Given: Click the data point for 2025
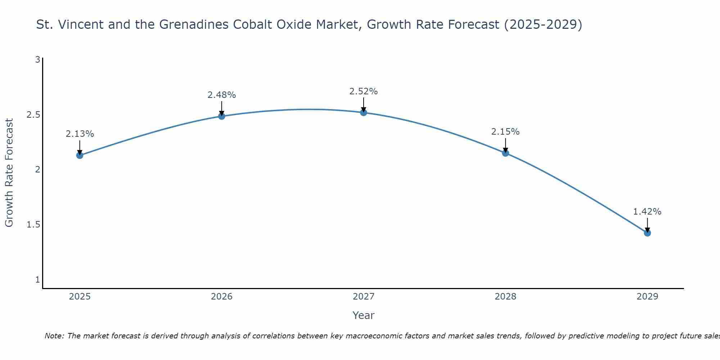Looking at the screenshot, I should click(80, 155).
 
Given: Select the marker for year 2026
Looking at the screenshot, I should click(222, 116).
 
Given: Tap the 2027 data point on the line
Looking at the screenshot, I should click(364, 112).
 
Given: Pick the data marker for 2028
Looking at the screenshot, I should click(505, 153).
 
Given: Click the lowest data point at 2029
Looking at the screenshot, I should click(647, 233).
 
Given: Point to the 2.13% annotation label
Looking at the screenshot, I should click(80, 134).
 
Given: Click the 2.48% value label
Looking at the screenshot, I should click(222, 95).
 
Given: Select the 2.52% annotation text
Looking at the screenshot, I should click(364, 91).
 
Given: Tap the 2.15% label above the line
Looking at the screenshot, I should click(505, 132).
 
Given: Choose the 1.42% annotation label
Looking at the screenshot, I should click(647, 212).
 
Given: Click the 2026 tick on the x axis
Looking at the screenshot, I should click(222, 297).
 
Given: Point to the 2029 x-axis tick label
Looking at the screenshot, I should click(647, 297).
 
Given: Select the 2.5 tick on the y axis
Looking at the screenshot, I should click(33, 115).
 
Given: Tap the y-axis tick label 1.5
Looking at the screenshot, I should click(33, 225).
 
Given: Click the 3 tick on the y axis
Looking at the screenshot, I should click(37, 60).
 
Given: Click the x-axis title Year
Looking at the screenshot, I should click(364, 315).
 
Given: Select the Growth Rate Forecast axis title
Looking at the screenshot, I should click(9, 172).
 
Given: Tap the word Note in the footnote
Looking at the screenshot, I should click(54, 336).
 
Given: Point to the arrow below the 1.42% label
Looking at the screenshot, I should click(647, 225).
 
